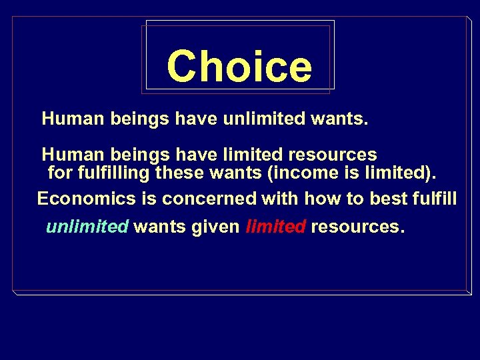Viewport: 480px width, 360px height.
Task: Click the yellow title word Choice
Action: [239, 67]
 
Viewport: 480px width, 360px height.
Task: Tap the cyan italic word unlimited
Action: [87, 227]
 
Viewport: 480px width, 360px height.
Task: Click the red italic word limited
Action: [276, 227]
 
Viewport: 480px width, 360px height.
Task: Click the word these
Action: [181, 174]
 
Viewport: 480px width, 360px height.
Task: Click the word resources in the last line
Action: [357, 227]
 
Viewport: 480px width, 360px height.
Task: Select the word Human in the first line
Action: [70, 120]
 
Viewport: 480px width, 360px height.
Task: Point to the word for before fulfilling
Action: [59, 174]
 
